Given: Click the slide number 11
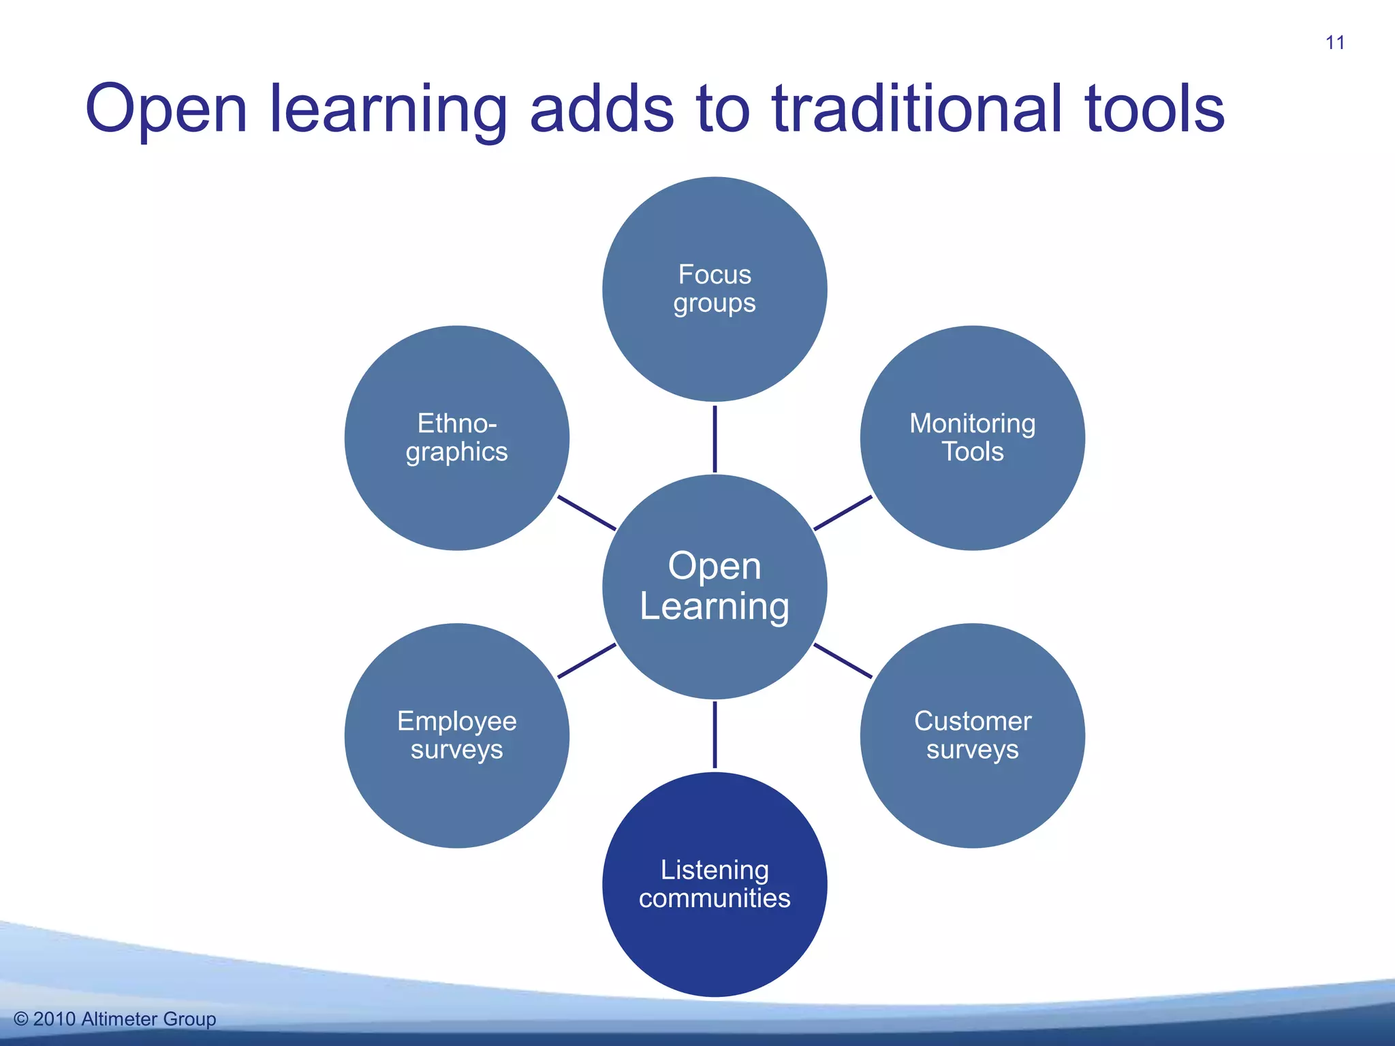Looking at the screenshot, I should [x=1334, y=43].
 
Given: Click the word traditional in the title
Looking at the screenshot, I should [x=917, y=109].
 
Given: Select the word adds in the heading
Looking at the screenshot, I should [x=601, y=109].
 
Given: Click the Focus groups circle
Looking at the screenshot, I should [x=715, y=289].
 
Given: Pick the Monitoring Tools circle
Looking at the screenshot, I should [x=972, y=438].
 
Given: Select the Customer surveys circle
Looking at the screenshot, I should [x=972, y=735].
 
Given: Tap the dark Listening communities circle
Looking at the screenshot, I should [x=715, y=884].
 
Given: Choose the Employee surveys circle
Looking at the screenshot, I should [x=457, y=735].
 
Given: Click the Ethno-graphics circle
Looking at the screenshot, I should [x=457, y=438].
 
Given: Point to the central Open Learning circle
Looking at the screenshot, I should [x=715, y=586].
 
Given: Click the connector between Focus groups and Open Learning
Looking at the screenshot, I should [x=715, y=439].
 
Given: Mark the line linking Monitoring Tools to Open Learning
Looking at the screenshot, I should [x=843, y=513].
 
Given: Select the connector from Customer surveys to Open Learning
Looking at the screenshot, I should [x=843, y=661].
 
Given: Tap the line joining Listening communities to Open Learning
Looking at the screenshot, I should [x=715, y=735].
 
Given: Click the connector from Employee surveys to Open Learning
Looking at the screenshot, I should [x=586, y=661].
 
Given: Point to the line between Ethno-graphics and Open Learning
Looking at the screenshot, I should [x=586, y=513].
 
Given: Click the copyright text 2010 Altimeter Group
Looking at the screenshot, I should [x=124, y=1019].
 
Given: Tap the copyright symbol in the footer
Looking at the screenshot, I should [x=21, y=1019].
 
